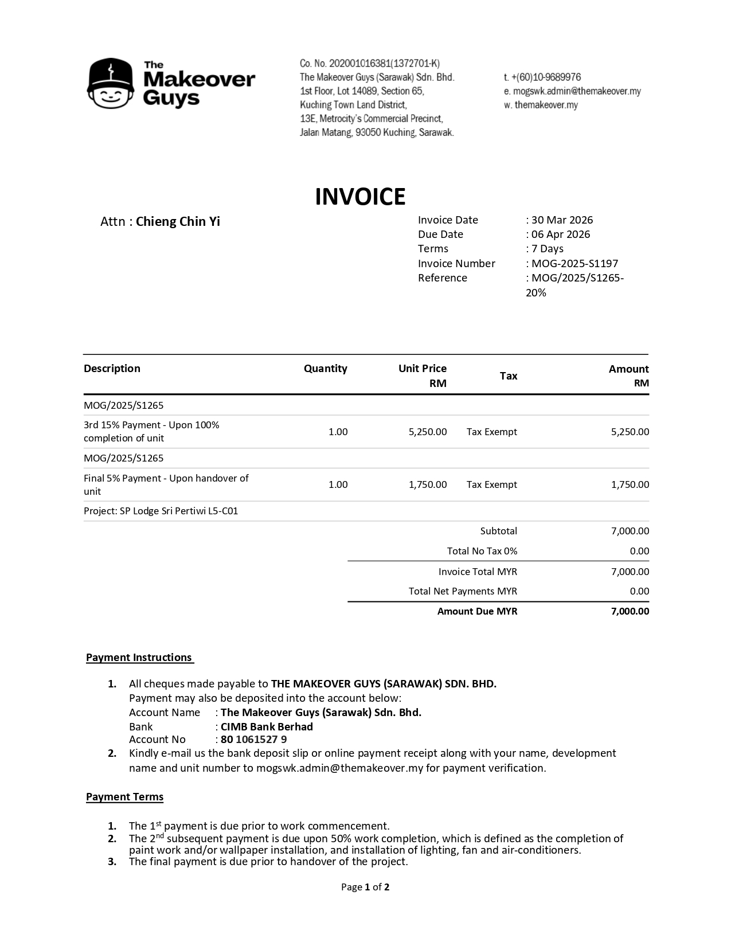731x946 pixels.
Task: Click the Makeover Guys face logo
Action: click(111, 84)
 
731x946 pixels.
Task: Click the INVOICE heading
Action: click(360, 197)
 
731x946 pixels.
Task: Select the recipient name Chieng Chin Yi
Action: click(178, 222)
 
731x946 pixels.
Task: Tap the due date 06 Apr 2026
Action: click(560, 234)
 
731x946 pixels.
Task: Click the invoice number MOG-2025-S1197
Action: click(574, 264)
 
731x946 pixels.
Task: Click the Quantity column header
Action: click(325, 369)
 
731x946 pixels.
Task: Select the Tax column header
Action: click(509, 376)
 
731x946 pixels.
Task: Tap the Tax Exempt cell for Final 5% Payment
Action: click(491, 484)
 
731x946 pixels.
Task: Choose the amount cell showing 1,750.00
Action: click(630, 484)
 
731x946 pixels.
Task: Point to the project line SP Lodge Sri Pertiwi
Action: click(161, 511)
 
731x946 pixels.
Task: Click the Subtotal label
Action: click(499, 531)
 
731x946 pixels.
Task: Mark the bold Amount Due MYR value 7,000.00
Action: click(630, 611)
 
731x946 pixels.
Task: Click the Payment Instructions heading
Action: click(139, 658)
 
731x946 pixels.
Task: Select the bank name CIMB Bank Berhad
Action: click(267, 727)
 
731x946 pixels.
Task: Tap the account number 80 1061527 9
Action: click(254, 740)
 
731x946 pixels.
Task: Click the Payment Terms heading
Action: click(125, 797)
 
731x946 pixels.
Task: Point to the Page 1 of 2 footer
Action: click(365, 888)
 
